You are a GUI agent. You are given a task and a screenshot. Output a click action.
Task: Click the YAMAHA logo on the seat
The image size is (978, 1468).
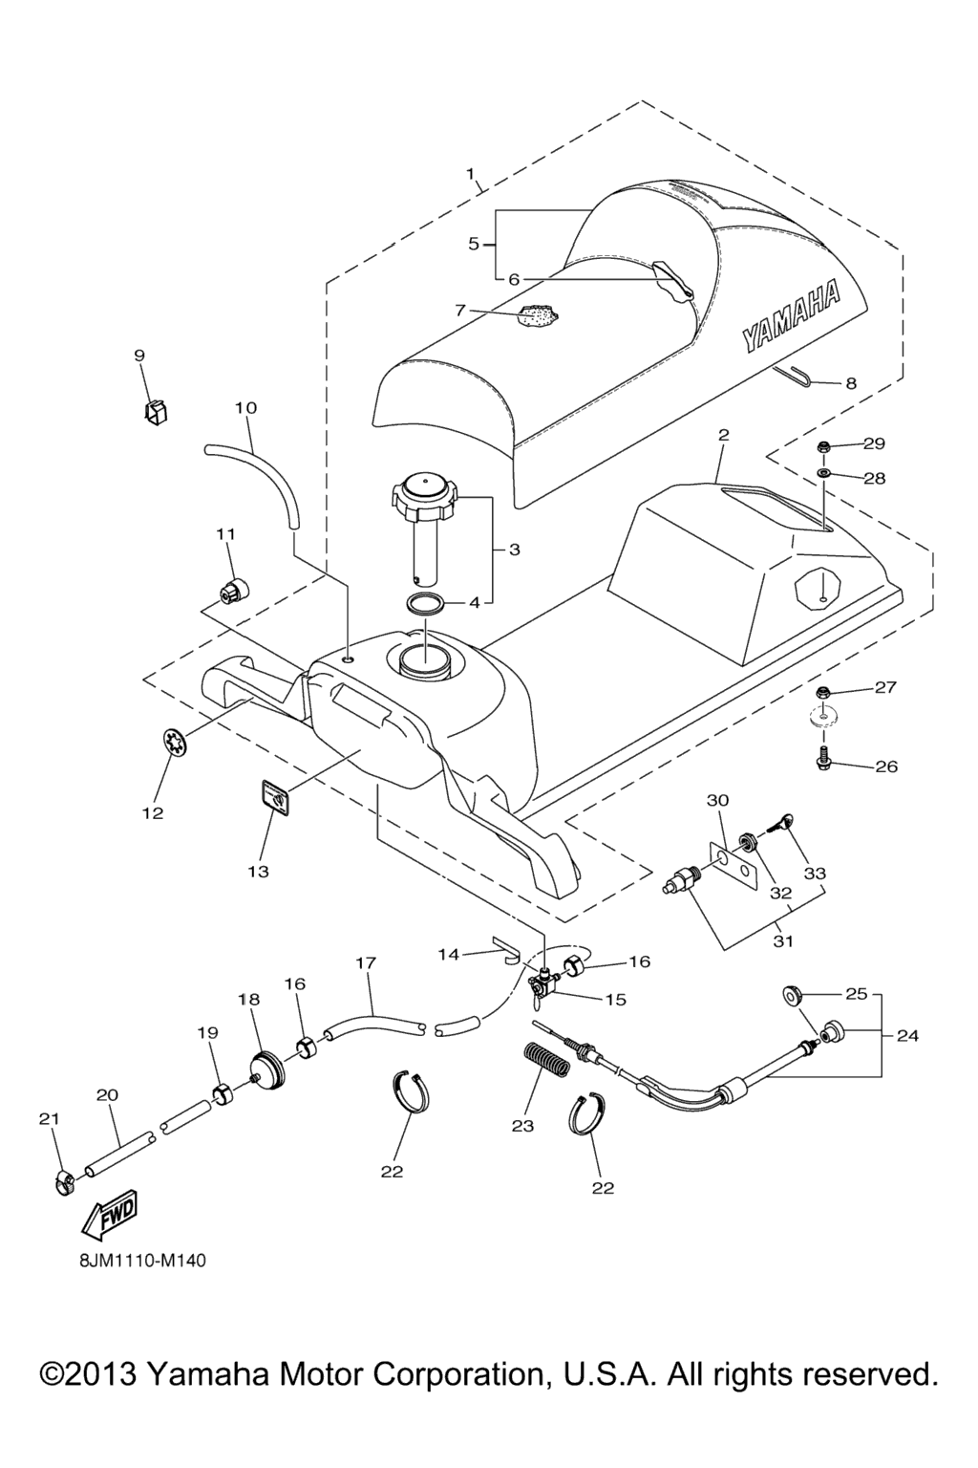point(791,315)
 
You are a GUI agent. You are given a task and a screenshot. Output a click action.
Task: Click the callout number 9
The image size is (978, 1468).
point(139,356)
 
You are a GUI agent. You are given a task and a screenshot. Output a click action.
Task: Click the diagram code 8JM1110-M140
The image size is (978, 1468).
point(142,1260)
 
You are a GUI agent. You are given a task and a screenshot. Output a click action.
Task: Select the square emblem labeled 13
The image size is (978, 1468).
point(275,794)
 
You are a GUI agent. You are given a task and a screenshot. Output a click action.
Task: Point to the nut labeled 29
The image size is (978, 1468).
point(822,445)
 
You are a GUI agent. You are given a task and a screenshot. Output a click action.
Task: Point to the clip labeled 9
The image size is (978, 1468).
point(155,412)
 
